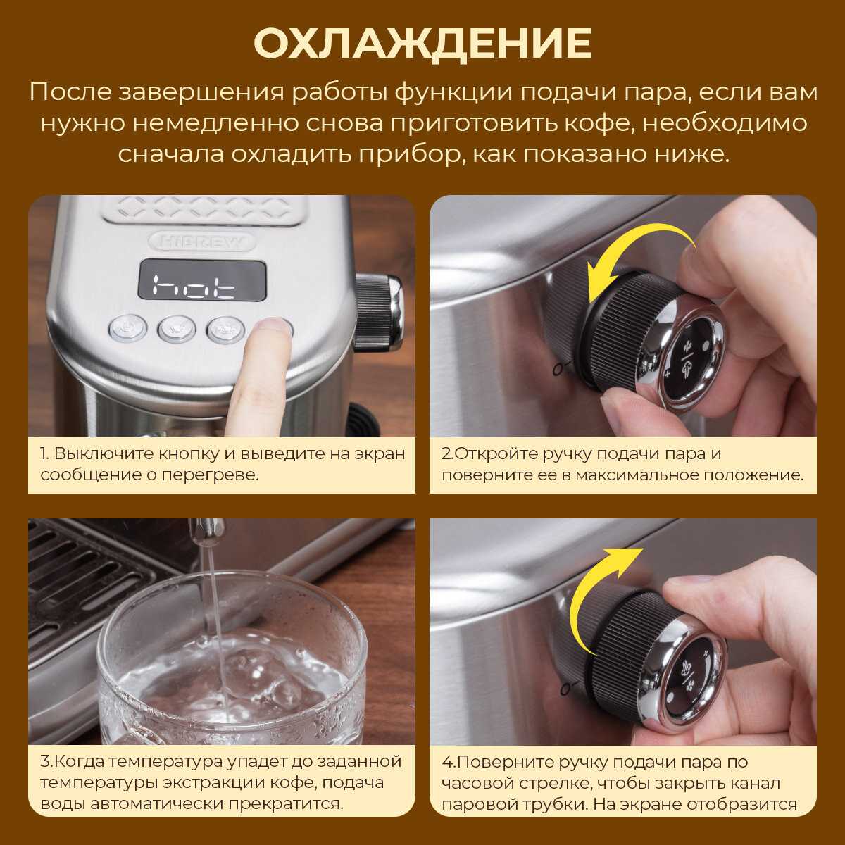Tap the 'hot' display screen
coord(203,280)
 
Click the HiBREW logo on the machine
coord(203,242)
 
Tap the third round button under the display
coord(226,329)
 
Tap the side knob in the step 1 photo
coord(378,312)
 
